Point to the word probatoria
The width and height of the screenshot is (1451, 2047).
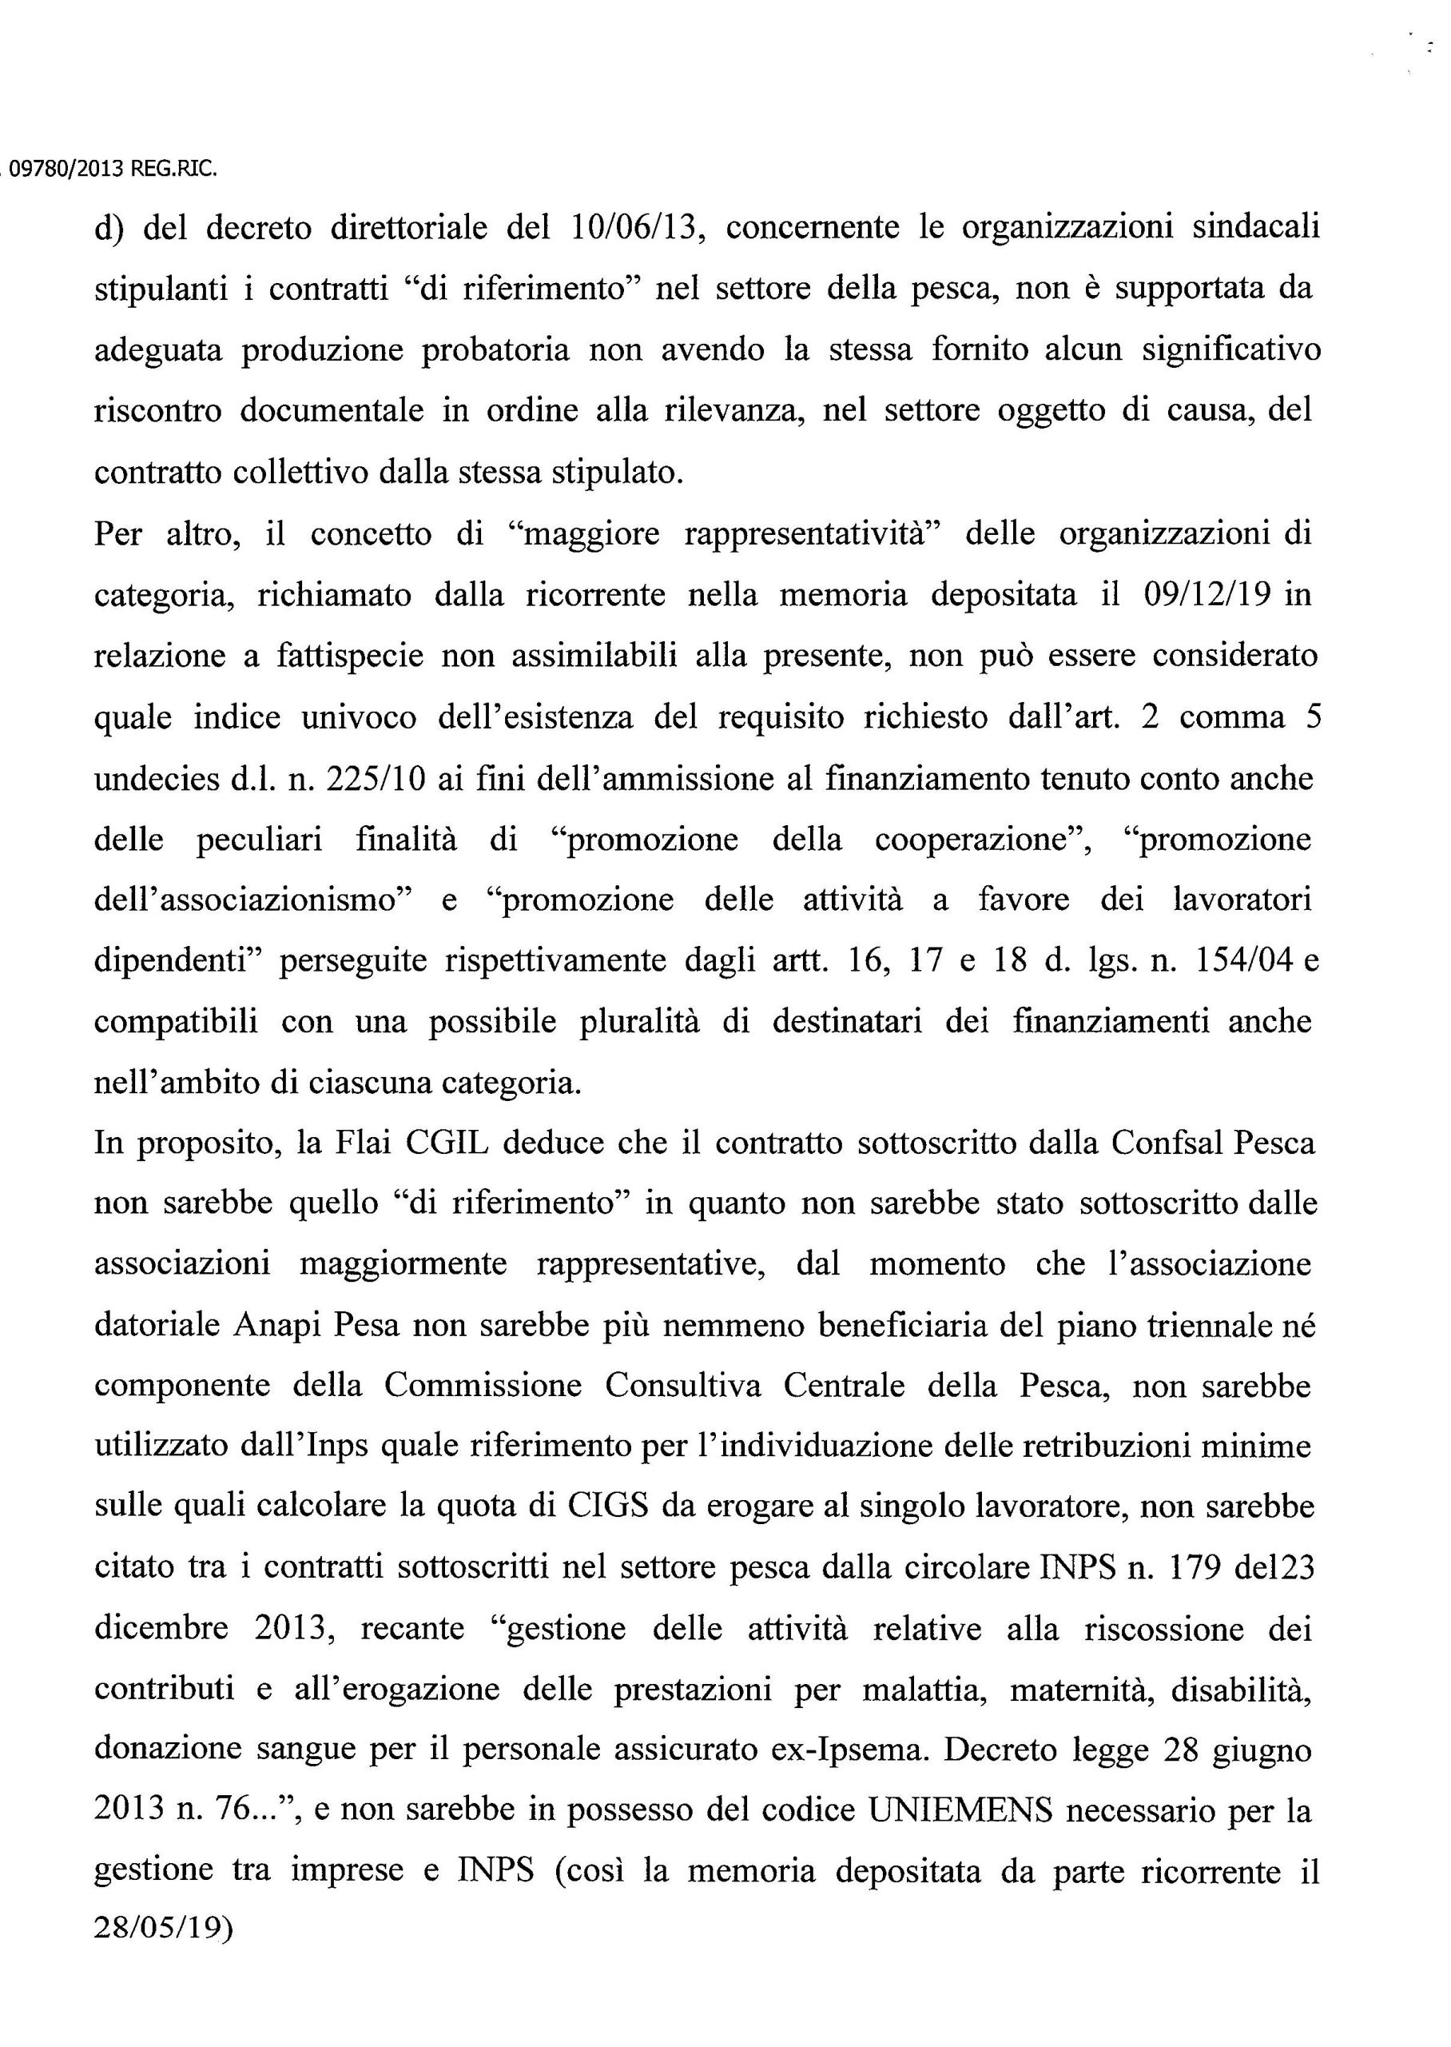point(495,350)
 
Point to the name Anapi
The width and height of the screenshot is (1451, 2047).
point(278,1326)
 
